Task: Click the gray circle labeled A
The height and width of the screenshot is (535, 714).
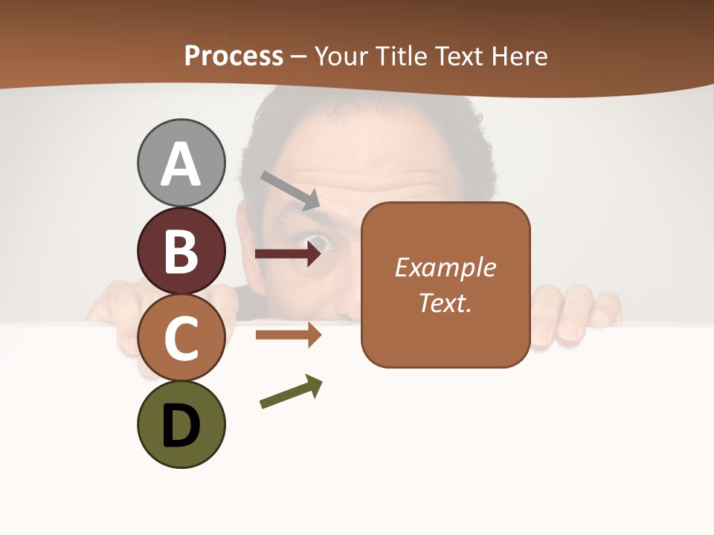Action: coord(181,163)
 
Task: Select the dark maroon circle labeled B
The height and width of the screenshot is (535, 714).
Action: coord(181,250)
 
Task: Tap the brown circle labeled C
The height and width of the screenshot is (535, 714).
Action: coord(181,337)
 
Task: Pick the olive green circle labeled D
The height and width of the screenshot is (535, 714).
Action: coord(181,424)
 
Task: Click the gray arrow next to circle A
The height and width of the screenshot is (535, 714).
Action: coord(290,189)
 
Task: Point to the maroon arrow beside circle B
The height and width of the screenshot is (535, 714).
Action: coord(288,254)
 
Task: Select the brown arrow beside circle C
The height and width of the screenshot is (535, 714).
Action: coord(288,334)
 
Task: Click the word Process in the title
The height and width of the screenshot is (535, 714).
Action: coord(234,56)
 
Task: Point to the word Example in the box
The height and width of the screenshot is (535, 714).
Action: coord(445,267)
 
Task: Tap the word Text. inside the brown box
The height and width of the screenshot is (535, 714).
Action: coord(445,302)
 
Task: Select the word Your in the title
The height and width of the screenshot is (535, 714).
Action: coord(341,56)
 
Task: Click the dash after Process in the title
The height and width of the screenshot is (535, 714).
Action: coord(299,56)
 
